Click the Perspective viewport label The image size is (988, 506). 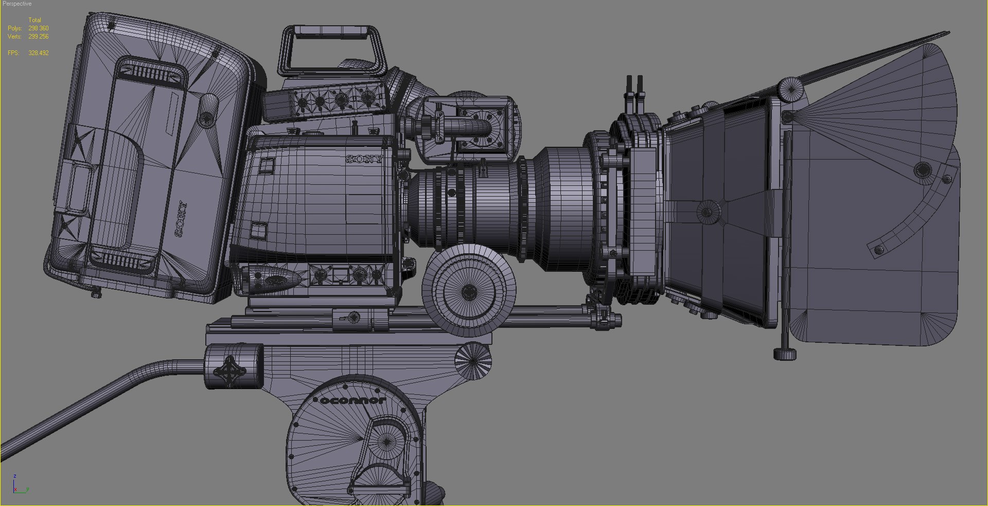click(x=17, y=4)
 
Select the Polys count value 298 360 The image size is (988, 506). click(x=39, y=28)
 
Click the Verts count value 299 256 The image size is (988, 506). click(x=39, y=37)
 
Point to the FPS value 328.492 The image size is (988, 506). click(x=39, y=53)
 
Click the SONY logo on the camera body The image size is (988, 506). click(x=364, y=159)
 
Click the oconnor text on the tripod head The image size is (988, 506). click(x=352, y=400)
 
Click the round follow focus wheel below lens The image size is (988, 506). click(x=469, y=292)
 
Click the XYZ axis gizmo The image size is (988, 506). click(x=20, y=485)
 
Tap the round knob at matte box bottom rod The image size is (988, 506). click(x=785, y=354)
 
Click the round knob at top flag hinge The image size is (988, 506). click(x=790, y=90)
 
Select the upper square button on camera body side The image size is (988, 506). click(x=266, y=165)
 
